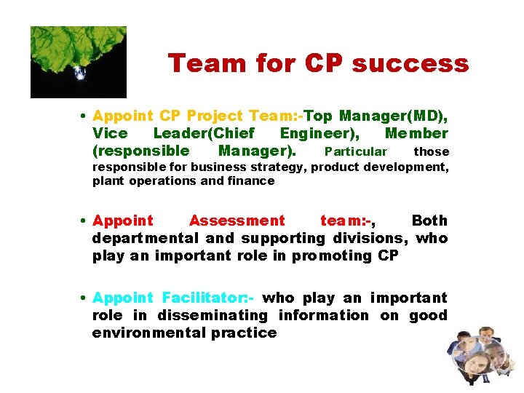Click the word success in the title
point(410,64)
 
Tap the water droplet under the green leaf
point(79,71)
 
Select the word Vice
point(110,134)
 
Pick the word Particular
point(356,151)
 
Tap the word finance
point(250,180)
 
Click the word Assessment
point(237,221)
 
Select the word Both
point(429,221)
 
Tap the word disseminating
point(210,315)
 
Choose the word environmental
point(149,333)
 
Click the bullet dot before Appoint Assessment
point(85,221)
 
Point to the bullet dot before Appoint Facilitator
point(85,298)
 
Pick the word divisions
point(370,238)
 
